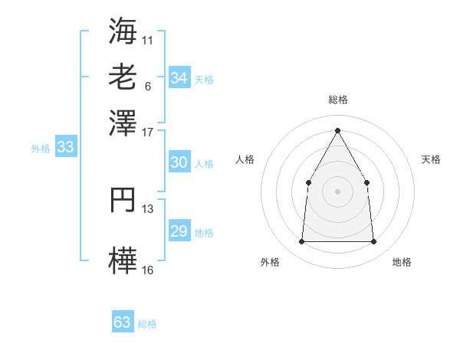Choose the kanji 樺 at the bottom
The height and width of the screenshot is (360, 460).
point(123,260)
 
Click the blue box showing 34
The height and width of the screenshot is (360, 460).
point(179,78)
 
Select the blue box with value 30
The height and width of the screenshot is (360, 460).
point(179,162)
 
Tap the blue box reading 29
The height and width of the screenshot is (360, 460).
point(179,231)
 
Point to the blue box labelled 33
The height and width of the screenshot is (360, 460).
point(65,147)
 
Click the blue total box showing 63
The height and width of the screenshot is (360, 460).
point(123,322)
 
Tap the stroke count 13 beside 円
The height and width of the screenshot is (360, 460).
point(148,208)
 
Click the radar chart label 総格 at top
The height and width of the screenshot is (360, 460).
point(337,100)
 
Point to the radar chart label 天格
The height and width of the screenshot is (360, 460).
point(432,159)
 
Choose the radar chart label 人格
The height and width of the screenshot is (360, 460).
point(245,159)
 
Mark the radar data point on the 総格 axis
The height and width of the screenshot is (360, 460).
point(337,129)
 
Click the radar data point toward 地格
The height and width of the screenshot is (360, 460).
point(373,241)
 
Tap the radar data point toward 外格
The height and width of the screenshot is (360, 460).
point(301,241)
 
